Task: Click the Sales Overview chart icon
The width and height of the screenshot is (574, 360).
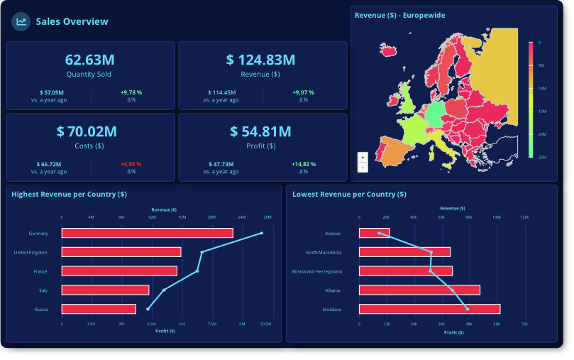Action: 21,21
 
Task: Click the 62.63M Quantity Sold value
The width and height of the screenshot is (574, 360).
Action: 88,59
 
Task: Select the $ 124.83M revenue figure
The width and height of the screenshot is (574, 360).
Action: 261,60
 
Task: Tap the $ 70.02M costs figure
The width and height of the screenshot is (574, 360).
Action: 89,131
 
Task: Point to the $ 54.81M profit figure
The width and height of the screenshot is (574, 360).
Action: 260,131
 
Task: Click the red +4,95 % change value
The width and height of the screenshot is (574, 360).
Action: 131,164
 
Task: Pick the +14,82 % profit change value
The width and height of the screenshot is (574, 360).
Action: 303,164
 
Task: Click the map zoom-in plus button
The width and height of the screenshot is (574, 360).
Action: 363,157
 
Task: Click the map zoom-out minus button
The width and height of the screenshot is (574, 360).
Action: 363,168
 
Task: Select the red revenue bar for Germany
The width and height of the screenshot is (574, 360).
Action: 147,233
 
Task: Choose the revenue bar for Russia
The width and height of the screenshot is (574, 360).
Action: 99,309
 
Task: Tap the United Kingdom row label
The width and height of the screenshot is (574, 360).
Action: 31,252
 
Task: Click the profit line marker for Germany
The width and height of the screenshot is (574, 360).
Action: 262,233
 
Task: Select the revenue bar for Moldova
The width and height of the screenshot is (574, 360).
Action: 429,309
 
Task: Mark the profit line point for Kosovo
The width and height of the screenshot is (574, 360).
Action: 380,233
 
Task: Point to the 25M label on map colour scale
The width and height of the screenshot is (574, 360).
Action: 541,157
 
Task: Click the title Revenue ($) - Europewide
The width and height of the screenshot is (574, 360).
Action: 399,15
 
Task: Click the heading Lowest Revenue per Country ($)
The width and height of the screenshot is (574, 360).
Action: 349,194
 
